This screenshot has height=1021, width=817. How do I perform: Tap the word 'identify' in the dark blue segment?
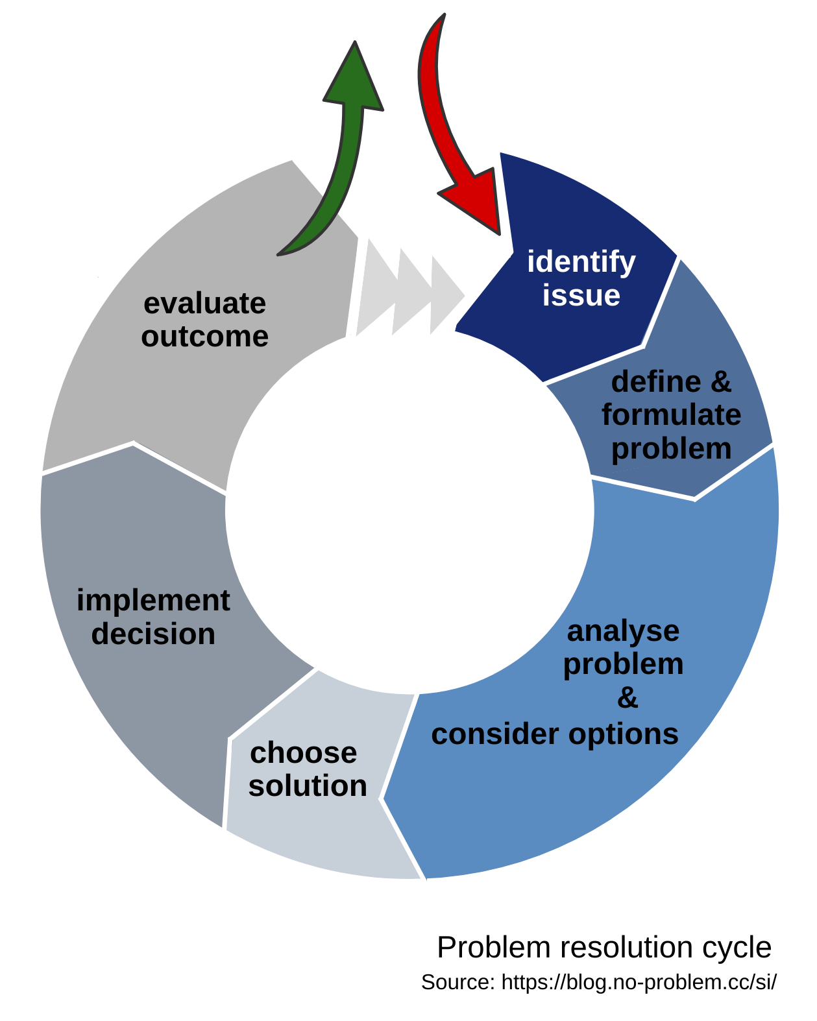581,263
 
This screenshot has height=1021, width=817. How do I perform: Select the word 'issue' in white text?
581,296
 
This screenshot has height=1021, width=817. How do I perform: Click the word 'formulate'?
671,415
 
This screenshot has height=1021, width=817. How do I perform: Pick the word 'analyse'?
623,631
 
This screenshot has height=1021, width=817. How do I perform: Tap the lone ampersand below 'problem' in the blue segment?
628,699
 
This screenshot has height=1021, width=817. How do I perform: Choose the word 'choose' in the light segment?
304,753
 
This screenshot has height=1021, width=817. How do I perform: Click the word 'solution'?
308,786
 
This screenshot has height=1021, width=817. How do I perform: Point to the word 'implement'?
153,601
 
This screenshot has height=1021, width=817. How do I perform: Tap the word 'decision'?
153,634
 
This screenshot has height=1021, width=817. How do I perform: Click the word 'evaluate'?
204,304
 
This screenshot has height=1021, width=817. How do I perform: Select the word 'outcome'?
204,337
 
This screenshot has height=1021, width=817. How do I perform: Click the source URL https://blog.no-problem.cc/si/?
639,982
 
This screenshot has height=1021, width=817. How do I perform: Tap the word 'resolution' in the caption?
628,948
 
